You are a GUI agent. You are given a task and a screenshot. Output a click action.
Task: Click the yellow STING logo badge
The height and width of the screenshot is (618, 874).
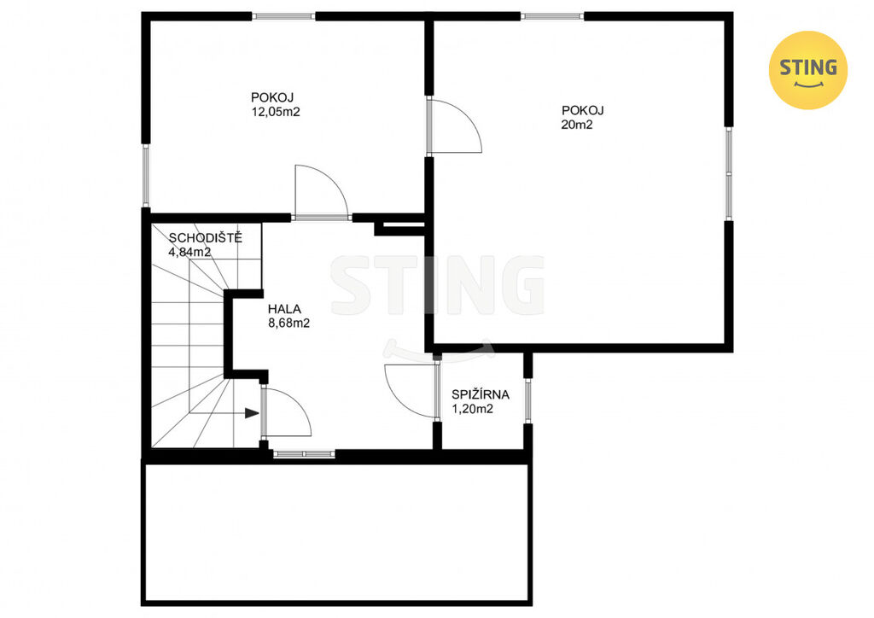(x=807, y=70)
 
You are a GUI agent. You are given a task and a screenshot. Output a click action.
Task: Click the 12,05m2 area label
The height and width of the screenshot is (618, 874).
(x=276, y=112)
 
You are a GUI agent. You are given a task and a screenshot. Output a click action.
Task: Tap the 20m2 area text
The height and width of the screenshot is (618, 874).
(x=577, y=125)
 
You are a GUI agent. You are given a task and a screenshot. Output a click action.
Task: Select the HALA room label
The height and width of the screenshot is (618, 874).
(x=284, y=309)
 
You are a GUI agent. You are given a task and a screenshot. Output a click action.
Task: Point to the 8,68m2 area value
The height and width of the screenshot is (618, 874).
(x=288, y=324)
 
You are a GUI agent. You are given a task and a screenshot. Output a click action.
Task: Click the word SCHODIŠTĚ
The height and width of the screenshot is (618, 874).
(x=206, y=238)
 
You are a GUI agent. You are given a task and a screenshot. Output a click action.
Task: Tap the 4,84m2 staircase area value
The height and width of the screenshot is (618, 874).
(x=189, y=252)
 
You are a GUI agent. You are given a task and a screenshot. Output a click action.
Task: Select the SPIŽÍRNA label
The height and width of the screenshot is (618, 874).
(x=481, y=394)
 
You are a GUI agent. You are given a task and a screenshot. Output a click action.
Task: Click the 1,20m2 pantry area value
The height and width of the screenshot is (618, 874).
(x=473, y=409)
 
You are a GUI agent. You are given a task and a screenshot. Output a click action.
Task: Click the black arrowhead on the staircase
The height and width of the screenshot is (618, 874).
(x=252, y=413)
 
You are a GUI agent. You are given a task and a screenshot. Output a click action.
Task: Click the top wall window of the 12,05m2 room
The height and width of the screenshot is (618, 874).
(x=283, y=16)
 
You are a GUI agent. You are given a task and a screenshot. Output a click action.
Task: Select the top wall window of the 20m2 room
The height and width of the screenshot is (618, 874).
(x=552, y=16)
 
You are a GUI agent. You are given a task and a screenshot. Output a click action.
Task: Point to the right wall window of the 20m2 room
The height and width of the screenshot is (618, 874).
(x=729, y=173)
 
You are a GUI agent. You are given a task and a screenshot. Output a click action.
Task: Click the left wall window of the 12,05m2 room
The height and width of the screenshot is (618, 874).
(x=146, y=176)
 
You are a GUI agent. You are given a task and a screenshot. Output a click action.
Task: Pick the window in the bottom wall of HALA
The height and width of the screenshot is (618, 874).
(x=304, y=454)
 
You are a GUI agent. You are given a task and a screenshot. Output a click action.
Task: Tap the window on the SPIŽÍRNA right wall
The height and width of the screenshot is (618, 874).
(x=527, y=400)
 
